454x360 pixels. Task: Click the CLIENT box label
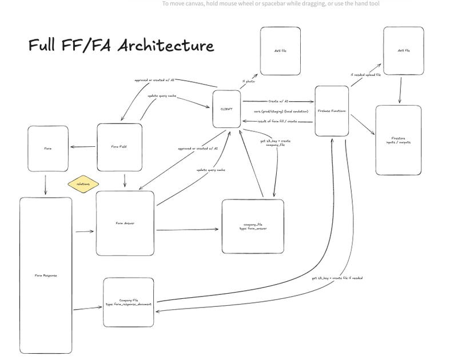[x=226, y=108]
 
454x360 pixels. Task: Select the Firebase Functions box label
[x=332, y=111]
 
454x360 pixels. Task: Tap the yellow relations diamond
[x=83, y=184]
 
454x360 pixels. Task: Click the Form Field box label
[x=119, y=147]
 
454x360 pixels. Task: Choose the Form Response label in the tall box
[x=46, y=275]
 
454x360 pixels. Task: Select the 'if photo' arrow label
[x=247, y=82]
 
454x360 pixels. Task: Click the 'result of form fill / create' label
[x=277, y=121]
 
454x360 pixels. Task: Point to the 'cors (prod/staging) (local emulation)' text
[x=281, y=111]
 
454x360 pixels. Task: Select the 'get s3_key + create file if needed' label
[x=337, y=278]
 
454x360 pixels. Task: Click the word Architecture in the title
[x=166, y=46]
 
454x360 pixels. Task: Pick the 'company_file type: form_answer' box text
[x=253, y=227]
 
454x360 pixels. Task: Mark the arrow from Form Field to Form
[x=83, y=147]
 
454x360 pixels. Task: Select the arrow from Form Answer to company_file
[x=188, y=230]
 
